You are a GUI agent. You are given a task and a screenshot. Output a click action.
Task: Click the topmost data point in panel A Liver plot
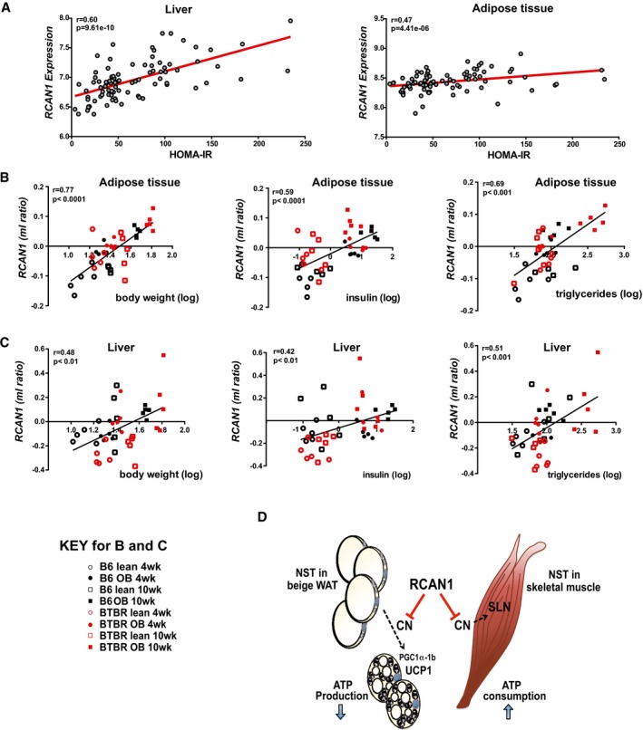tap(290, 20)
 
